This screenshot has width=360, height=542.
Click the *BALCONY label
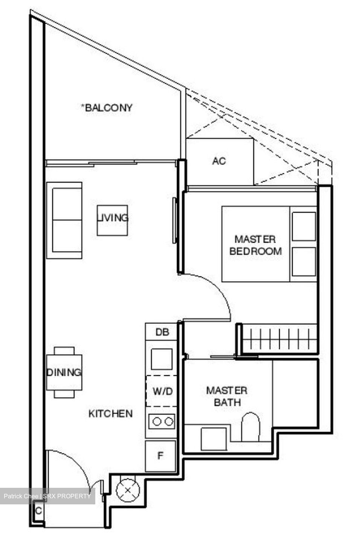(x=107, y=108)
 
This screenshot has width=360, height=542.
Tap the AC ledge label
(x=219, y=161)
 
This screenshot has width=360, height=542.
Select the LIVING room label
(x=112, y=218)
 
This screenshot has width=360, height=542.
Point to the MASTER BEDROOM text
(x=255, y=245)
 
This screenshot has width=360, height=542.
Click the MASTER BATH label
(x=227, y=396)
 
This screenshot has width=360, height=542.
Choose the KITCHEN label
(x=110, y=414)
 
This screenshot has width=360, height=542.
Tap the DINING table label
(x=64, y=372)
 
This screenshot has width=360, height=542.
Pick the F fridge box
(x=160, y=456)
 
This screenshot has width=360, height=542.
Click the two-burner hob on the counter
(x=162, y=422)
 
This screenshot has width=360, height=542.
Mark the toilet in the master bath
(x=250, y=427)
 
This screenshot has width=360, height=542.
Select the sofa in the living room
(x=64, y=220)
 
